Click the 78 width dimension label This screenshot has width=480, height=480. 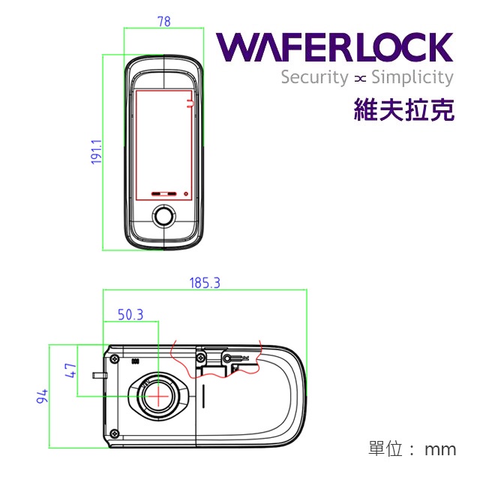tap(163, 22)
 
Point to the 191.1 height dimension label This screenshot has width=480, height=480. tap(96, 151)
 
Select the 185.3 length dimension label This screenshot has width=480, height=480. tap(205, 283)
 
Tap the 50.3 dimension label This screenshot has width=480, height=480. tap(130, 314)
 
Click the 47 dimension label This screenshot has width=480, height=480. tap(70, 370)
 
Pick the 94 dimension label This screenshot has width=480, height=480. tap(42, 396)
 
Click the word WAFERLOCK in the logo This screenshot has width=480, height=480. tap(335, 49)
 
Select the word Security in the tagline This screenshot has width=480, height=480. tap(314, 77)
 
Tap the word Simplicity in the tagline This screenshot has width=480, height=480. tap(412, 77)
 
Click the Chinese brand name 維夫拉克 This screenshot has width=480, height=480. tap(404, 111)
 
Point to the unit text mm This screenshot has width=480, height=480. tap(440, 449)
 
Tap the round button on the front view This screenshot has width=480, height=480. tap(163, 217)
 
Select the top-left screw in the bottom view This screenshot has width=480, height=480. tap(114, 360)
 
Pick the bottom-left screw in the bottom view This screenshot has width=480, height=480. tap(114, 433)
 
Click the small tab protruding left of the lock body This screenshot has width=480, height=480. tap(97, 373)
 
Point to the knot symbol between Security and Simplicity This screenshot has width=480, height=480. tap(360, 78)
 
